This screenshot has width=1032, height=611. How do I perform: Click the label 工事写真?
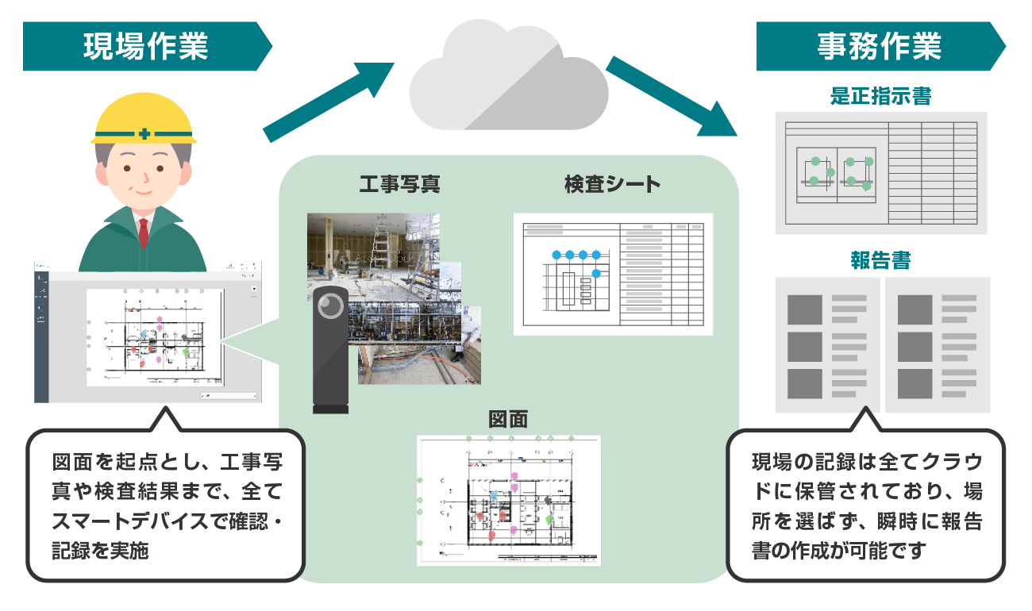(x=399, y=185)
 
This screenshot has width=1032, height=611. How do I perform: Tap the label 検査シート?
(x=612, y=185)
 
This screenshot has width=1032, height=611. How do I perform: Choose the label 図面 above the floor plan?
(x=508, y=419)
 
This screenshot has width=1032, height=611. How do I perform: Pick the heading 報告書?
(x=880, y=261)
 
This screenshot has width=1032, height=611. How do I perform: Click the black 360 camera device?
(x=330, y=349)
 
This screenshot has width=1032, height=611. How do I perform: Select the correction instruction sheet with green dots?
(x=880, y=172)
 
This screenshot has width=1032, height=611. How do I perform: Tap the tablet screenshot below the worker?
(x=148, y=333)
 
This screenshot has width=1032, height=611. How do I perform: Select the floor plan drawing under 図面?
(x=508, y=500)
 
